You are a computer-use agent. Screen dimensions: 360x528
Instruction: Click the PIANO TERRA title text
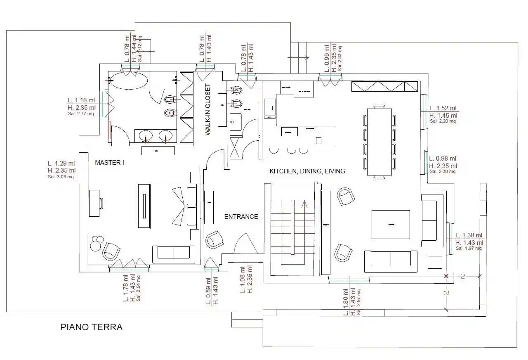91,327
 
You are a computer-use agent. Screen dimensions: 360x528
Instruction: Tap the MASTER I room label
109,163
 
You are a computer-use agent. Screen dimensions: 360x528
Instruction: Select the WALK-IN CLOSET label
208,110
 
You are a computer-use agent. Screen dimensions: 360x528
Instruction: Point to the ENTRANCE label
241,216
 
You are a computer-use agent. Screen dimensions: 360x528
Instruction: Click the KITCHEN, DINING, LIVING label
307,171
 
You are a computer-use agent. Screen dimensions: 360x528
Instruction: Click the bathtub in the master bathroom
127,80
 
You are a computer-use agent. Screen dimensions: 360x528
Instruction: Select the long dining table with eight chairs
379,142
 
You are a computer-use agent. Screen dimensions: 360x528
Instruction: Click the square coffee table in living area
391,225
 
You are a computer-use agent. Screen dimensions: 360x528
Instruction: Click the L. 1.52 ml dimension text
443,108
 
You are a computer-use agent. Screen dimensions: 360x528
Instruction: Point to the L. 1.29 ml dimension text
61,163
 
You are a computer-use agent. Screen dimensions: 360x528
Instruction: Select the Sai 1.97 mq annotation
468,249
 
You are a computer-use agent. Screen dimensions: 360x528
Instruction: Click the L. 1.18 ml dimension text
81,100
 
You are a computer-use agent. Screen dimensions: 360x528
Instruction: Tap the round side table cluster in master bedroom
97,243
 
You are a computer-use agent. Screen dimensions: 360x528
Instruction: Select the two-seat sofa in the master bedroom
174,254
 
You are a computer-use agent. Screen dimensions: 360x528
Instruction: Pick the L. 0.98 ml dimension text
443,159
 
